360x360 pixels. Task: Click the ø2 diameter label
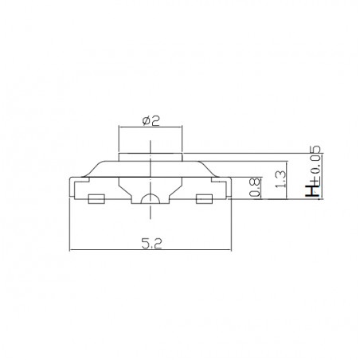pyautogui.click(x=151, y=121)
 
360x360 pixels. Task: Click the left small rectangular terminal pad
pyautogui.click(x=96, y=198)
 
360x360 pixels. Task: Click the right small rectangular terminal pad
pyautogui.click(x=204, y=198)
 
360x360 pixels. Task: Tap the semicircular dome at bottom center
pyautogui.click(x=151, y=199)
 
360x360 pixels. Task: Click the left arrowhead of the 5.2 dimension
pyautogui.click(x=72, y=252)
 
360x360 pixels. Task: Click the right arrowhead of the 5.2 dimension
pyautogui.click(x=229, y=252)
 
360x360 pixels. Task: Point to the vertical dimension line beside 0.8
pyautogui.click(x=262, y=189)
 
